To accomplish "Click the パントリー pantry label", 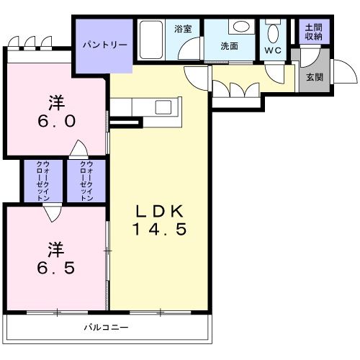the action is pyautogui.click(x=105, y=45).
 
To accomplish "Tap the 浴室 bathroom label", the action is pyautogui.click(x=183, y=29).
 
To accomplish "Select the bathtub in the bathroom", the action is pyautogui.click(x=151, y=40).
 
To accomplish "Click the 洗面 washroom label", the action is pyautogui.click(x=229, y=46).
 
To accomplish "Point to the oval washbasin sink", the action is pyautogui.click(x=241, y=27).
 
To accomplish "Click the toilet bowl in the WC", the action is pyautogui.click(x=273, y=33).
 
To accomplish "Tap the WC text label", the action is pyautogui.click(x=273, y=50).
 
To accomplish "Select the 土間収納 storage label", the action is pyautogui.click(x=314, y=32).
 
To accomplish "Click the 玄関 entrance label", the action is pyautogui.click(x=315, y=77).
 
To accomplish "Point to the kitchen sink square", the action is pyautogui.click(x=163, y=107).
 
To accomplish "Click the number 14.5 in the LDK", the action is pyautogui.click(x=160, y=229).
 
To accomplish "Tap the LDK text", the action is pyautogui.click(x=160, y=211).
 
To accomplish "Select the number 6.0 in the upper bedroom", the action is pyautogui.click(x=57, y=121).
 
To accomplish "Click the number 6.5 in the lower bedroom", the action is pyautogui.click(x=56, y=268).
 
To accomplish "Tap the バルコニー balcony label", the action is pyautogui.click(x=106, y=327).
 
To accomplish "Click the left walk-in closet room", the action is pyautogui.click(x=43, y=181).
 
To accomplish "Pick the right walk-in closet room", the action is pyautogui.click(x=86, y=181).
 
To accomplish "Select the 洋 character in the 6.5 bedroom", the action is pyautogui.click(x=55, y=250).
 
